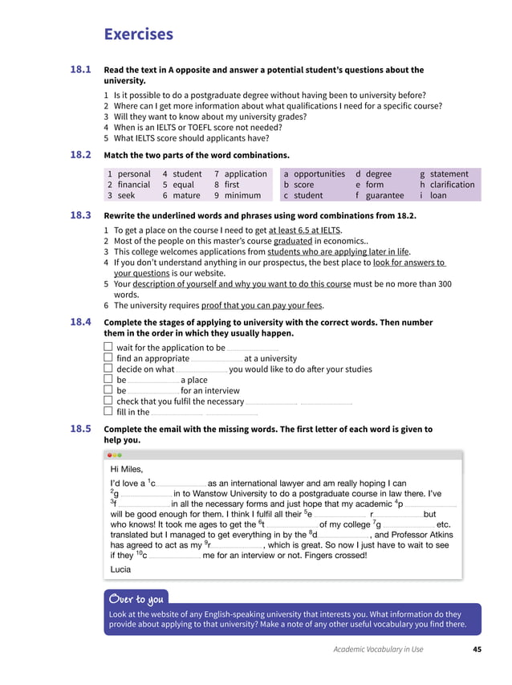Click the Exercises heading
coord(138,34)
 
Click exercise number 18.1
coord(80,70)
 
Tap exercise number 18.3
coord(80,214)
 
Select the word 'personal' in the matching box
coord(134,173)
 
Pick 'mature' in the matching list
coord(186,195)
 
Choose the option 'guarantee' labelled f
coord(384,195)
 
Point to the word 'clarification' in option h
coord(452,184)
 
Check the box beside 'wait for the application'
coord(108,348)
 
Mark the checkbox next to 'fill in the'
coord(108,412)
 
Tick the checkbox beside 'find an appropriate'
coord(108,358)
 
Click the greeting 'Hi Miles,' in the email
coord(126,469)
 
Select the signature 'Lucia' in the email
coord(120,569)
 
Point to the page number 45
coord(477,650)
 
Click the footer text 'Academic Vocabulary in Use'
coord(378,650)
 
